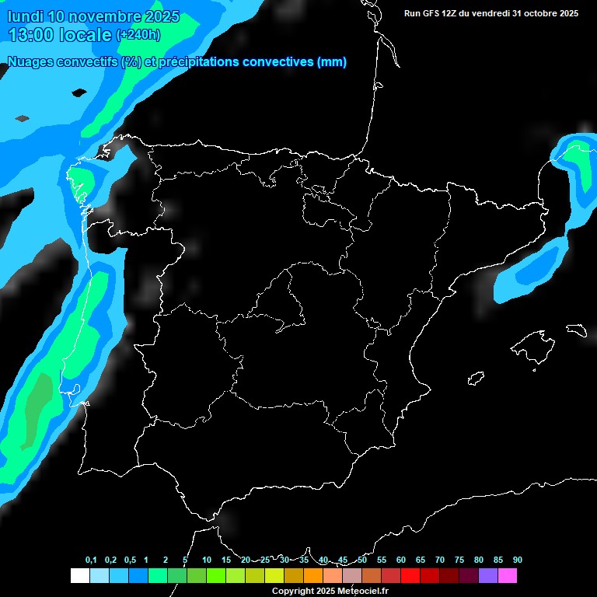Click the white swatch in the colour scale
[79, 575]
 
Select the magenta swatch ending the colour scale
[508, 575]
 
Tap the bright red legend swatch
[410, 575]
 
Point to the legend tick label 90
[518, 560]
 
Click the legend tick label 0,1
[91, 560]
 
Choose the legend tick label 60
[401, 560]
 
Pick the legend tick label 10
[207, 560]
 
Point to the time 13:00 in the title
[32, 34]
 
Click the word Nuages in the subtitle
[30, 61]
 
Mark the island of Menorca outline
[576, 330]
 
